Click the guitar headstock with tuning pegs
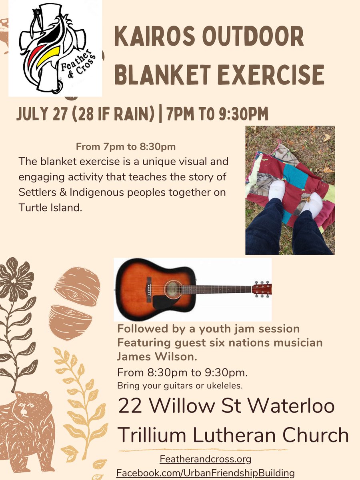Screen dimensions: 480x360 click(262, 289)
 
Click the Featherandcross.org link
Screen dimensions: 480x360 click(205, 458)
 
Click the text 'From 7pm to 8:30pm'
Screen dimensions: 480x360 click(125, 147)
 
